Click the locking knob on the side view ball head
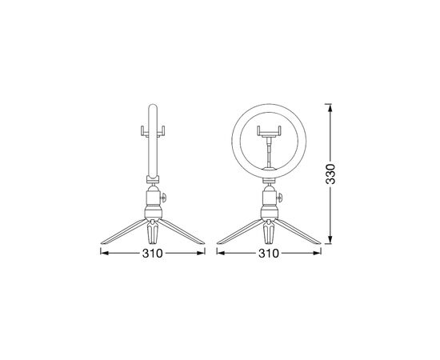pyautogui.click(x=164, y=196)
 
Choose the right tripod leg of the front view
pyautogui.click(x=300, y=234)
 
